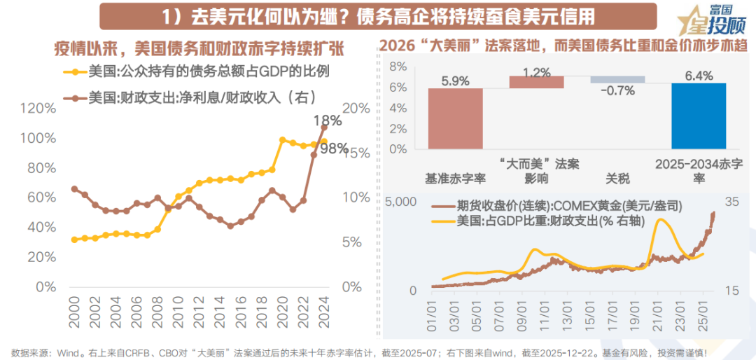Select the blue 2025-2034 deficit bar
click(x=699, y=115)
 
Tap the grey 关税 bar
click(x=617, y=80)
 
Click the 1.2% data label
click(x=536, y=72)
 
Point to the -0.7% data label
click(x=617, y=90)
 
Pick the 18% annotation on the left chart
click(x=328, y=120)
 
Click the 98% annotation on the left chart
click(x=335, y=148)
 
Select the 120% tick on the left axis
click(x=38, y=109)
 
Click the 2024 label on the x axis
click(x=323, y=310)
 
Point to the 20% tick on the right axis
click(x=356, y=109)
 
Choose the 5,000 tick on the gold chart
click(x=401, y=202)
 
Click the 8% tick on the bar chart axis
click(x=397, y=67)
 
